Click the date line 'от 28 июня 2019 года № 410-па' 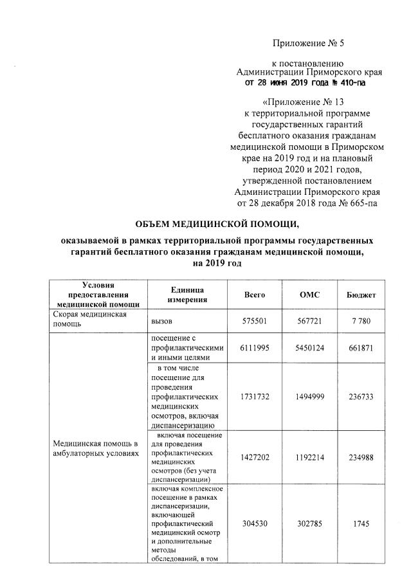pyautogui.click(x=304, y=83)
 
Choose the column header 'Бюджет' pyautogui.click(x=361, y=295)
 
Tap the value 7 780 pyautogui.click(x=361, y=320)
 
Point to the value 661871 pyautogui.click(x=361, y=347)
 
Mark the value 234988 pyautogui.click(x=361, y=457)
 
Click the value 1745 pyautogui.click(x=361, y=523)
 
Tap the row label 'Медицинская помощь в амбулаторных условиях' pyautogui.click(x=96, y=448)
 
